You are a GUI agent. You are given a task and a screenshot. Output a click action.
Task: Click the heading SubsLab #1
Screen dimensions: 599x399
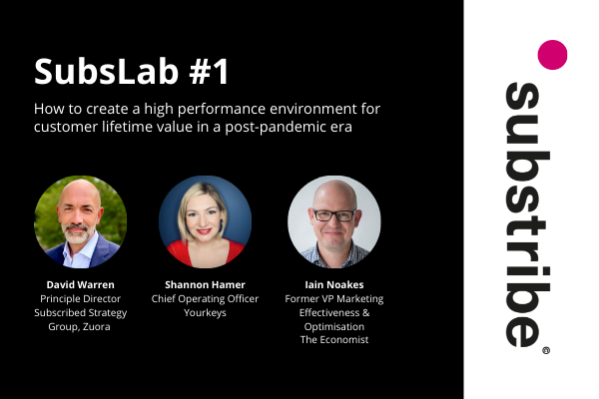(132, 71)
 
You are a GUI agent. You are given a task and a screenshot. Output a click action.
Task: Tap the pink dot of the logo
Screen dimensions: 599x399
(552, 55)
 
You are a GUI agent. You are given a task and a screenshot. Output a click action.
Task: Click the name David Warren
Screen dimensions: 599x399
(80, 284)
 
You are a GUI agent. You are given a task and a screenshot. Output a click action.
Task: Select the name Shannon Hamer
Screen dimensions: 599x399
(205, 284)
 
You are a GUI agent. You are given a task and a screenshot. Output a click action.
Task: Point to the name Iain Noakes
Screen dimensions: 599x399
(334, 284)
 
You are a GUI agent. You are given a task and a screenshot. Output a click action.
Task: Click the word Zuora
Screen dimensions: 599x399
(96, 326)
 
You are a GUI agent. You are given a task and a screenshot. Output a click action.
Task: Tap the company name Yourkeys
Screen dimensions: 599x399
(205, 312)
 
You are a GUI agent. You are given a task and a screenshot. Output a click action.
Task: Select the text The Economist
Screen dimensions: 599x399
(334, 339)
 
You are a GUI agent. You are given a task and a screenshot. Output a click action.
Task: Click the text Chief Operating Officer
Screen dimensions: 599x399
(205, 298)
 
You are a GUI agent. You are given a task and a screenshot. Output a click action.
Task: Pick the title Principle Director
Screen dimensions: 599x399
(80, 298)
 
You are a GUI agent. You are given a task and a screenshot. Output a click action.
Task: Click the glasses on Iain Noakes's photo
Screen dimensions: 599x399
(334, 215)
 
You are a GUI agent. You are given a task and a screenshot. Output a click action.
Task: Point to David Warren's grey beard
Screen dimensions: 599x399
(78, 234)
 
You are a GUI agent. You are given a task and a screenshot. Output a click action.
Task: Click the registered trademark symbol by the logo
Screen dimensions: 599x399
(546, 350)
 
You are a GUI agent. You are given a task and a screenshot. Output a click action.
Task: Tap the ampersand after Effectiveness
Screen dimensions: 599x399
(366, 312)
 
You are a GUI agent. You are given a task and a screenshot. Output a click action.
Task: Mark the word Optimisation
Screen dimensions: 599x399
(334, 327)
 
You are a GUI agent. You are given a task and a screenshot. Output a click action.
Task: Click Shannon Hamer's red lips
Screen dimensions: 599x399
(204, 231)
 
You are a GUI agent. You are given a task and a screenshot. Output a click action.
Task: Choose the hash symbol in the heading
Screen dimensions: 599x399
(199, 72)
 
